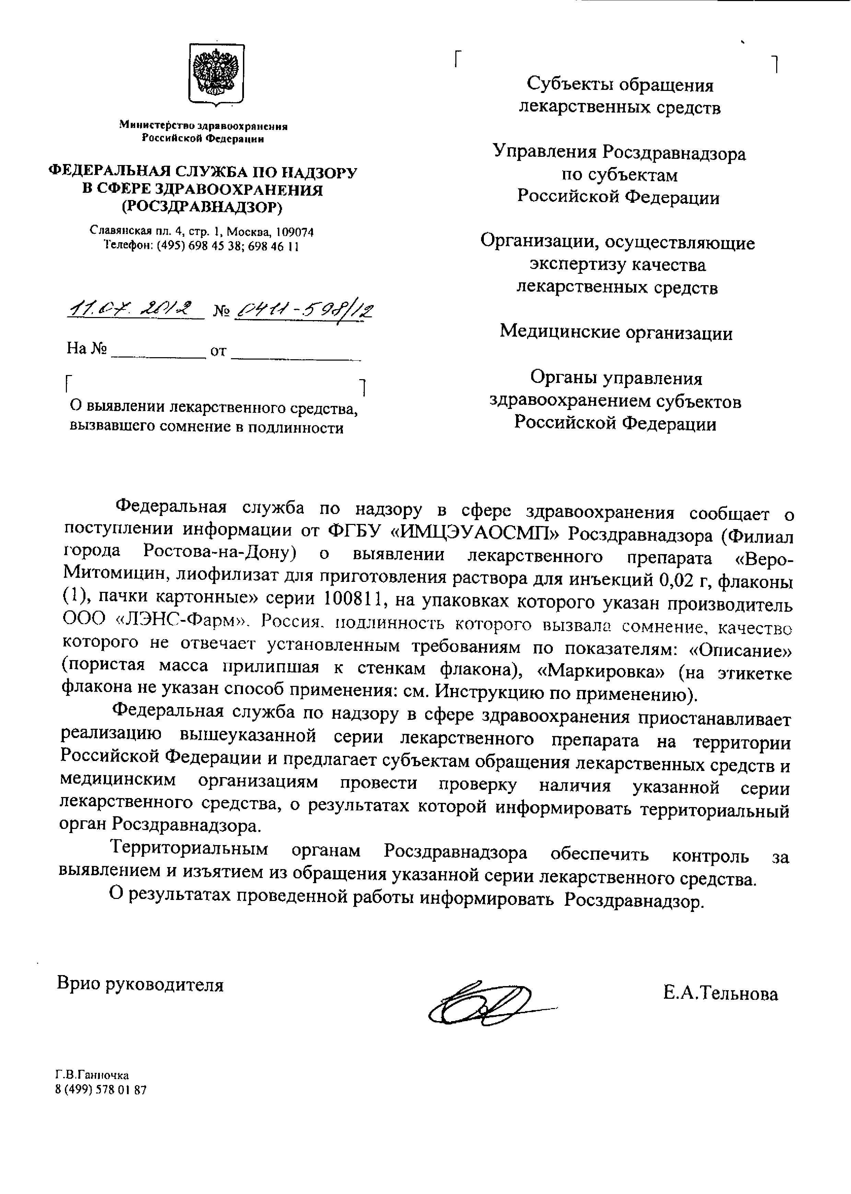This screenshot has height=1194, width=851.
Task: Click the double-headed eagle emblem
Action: click(216, 73)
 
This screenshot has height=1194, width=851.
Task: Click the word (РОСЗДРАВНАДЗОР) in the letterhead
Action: click(202, 208)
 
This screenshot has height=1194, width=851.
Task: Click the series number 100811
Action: click(352, 598)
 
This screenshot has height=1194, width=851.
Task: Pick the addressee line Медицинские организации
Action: click(616, 332)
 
